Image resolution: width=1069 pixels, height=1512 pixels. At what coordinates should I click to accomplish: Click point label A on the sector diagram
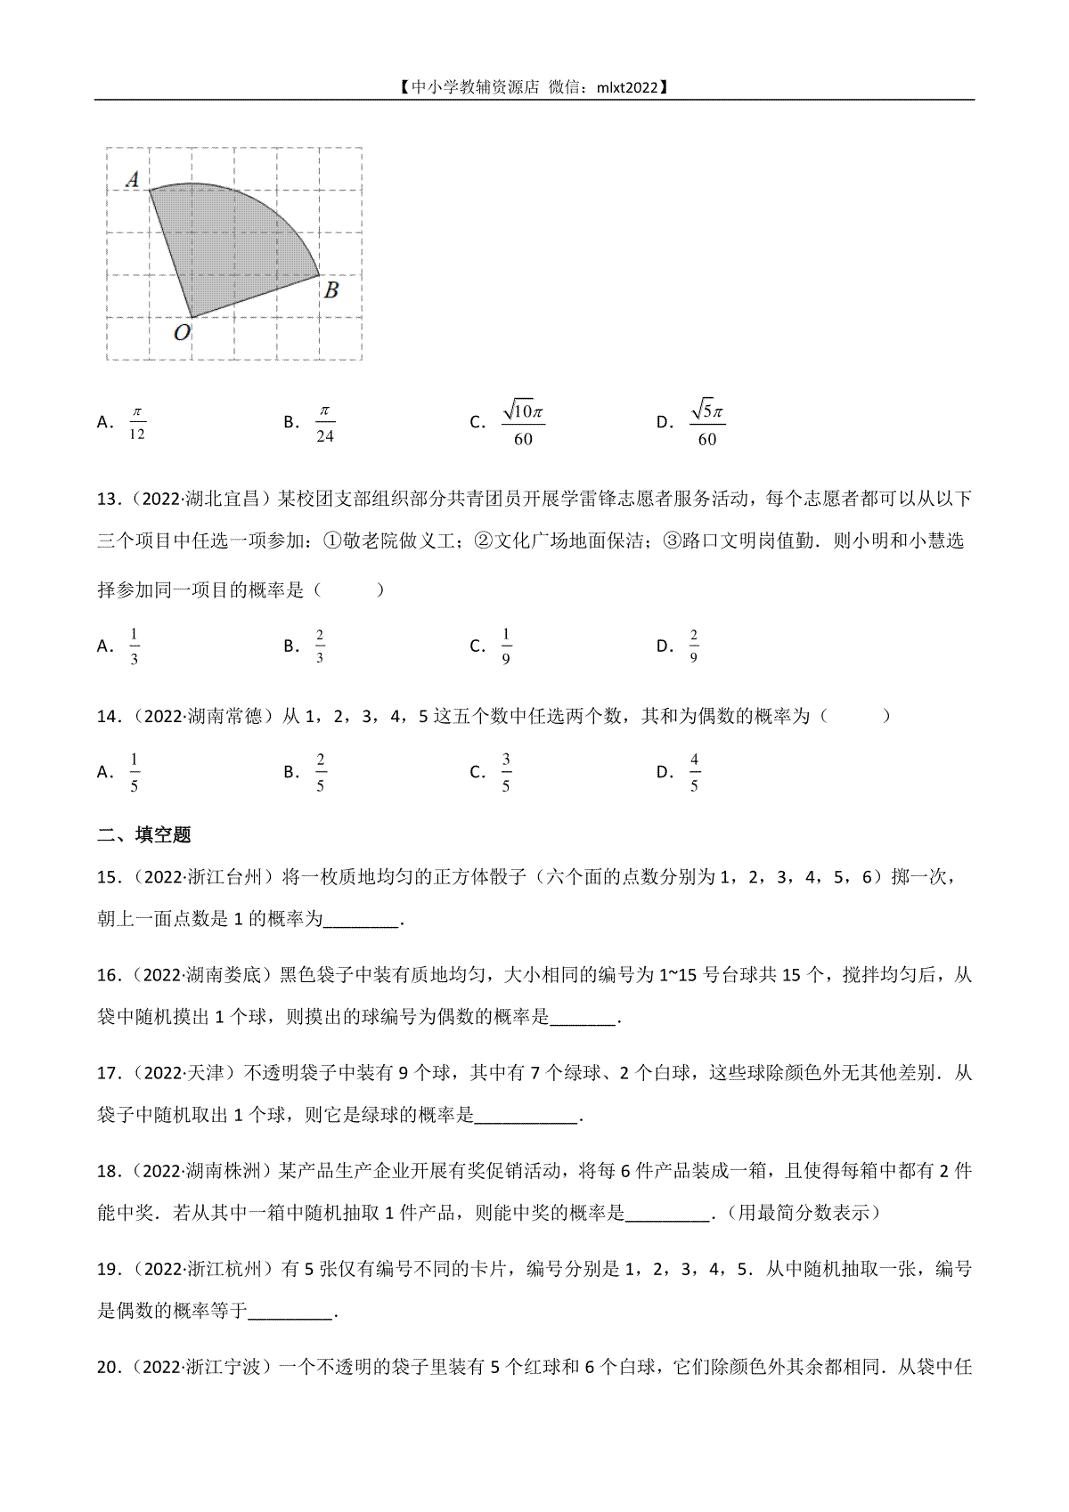[x=133, y=180]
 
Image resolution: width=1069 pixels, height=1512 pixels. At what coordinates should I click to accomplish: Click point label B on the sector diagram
[x=330, y=289]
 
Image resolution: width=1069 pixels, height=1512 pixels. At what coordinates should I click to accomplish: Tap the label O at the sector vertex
[x=182, y=333]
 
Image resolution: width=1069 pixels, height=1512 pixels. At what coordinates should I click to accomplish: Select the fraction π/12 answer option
[x=136, y=422]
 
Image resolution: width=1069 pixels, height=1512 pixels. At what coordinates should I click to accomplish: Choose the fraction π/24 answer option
[x=324, y=422]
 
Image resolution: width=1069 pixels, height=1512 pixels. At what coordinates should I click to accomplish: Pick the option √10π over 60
[x=523, y=422]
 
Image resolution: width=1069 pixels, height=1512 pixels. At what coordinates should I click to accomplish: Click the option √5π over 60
[x=707, y=422]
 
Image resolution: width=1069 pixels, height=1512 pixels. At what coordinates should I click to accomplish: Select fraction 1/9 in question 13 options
[x=506, y=646]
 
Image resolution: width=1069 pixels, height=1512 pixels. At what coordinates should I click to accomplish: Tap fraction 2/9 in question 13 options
[x=693, y=646]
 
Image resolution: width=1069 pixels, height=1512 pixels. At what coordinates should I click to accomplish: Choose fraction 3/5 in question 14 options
[x=505, y=772]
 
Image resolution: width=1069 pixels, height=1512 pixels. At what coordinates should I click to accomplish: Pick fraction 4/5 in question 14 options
[x=694, y=772]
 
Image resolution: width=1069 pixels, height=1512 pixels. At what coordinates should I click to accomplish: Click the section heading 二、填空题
[x=144, y=835]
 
